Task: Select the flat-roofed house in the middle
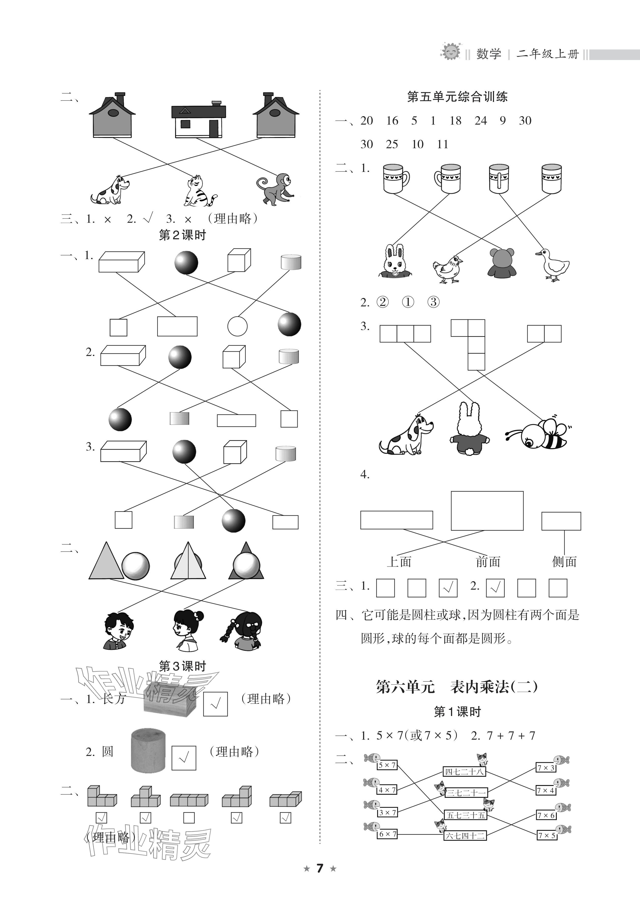[198, 119]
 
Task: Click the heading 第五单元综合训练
[457, 97]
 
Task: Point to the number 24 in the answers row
[481, 121]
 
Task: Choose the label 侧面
[564, 562]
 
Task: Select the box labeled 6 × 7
[387, 834]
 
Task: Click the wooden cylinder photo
[148, 750]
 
